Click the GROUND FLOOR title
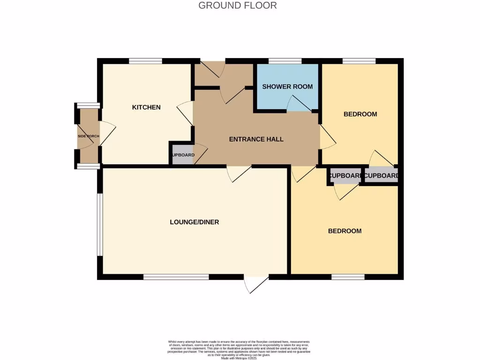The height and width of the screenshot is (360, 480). tap(238, 6)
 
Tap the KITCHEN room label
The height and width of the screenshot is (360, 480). tap(146, 107)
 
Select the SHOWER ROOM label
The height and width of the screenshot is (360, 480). tap(287, 87)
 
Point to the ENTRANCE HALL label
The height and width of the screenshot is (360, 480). tap(256, 139)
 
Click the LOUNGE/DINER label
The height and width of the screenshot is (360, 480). tap(195, 222)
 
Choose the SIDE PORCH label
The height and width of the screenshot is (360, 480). tap(89, 136)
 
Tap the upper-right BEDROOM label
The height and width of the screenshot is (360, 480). tap(360, 114)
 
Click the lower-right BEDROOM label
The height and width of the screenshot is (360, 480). tap(345, 231)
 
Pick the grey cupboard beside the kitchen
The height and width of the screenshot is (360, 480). tap(182, 155)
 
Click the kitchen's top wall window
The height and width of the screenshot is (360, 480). tap(146, 61)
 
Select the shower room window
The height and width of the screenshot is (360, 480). tap(285, 61)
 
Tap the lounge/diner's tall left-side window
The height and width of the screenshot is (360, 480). tap(99, 225)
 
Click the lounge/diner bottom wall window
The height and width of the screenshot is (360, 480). tap(176, 277)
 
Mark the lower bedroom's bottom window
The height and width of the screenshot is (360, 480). tap(348, 277)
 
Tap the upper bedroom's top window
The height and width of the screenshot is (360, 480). tap(359, 61)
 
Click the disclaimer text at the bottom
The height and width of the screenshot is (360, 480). tap(239, 350)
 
